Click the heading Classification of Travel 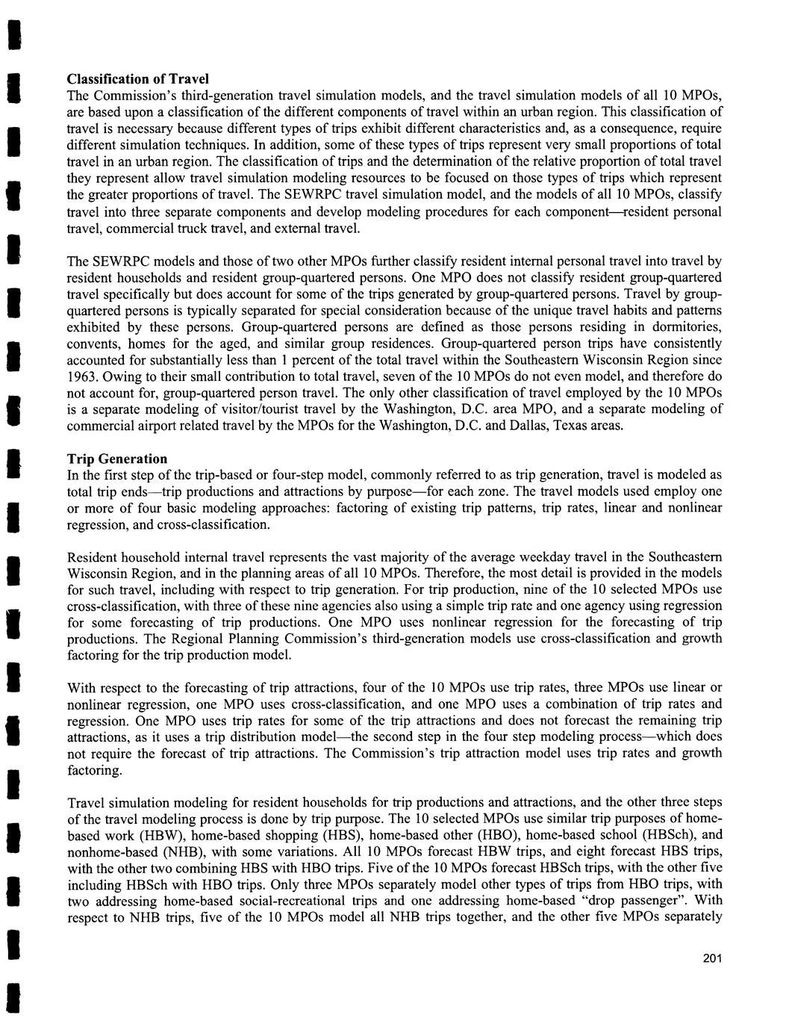pyautogui.click(x=137, y=79)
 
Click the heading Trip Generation pyautogui.click(x=117, y=459)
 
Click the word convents pyautogui.click(x=92, y=344)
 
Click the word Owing pyautogui.click(x=122, y=376)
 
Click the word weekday pyautogui.click(x=514, y=557)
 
